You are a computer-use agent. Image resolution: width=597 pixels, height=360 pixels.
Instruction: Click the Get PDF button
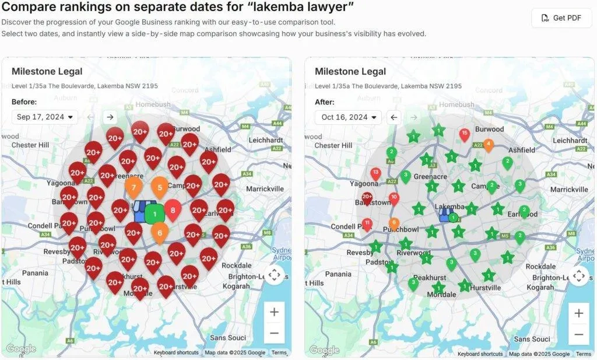tap(561, 18)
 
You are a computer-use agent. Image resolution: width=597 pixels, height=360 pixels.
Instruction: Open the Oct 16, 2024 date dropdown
tap(349, 117)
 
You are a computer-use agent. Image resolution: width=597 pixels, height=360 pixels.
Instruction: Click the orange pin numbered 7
tap(134, 187)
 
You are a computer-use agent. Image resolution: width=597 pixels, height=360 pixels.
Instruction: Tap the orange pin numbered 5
tap(160, 187)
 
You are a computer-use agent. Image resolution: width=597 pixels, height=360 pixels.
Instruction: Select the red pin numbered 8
tap(173, 209)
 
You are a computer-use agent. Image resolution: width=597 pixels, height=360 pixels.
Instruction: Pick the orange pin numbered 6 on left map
tap(160, 232)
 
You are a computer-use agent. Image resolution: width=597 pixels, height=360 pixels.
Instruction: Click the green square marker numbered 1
tap(154, 214)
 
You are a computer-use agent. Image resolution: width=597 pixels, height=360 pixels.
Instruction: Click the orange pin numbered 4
tap(489, 144)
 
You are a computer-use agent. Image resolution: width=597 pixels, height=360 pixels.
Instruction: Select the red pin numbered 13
tap(375, 173)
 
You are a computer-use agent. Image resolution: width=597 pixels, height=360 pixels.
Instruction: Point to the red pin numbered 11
tap(367, 223)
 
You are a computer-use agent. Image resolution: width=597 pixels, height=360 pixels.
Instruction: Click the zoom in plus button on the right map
tap(578, 313)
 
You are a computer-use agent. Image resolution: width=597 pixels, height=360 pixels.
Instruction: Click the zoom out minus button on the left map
tap(274, 334)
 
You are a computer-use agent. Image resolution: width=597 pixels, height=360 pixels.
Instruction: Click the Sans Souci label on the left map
tap(228, 338)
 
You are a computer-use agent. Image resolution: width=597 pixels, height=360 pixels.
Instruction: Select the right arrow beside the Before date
tap(110, 117)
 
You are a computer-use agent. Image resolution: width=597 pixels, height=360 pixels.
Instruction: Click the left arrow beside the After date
tap(394, 117)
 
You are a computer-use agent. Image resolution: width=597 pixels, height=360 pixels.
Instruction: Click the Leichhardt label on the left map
tap(265, 141)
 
